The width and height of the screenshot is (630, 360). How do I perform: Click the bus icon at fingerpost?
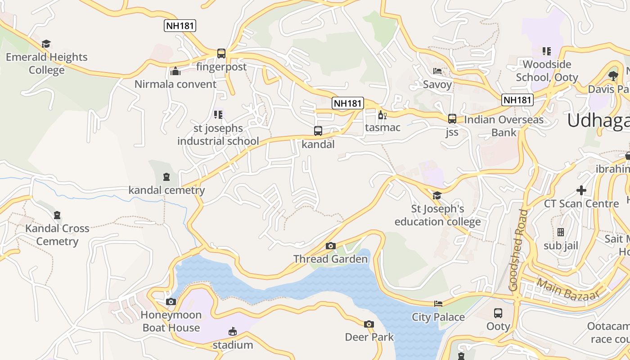click(221, 54)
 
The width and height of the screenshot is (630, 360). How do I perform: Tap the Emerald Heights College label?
click(47, 63)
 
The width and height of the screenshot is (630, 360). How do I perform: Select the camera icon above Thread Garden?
click(331, 246)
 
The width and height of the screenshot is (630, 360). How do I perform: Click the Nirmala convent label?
click(175, 84)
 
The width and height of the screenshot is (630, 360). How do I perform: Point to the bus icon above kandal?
click(318, 131)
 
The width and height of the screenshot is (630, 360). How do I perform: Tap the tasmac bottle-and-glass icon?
click(382, 115)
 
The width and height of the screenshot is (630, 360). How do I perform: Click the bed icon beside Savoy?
click(437, 71)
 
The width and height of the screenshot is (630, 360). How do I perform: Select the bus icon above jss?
click(452, 119)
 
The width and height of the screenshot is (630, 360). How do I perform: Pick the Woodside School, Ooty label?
click(547, 71)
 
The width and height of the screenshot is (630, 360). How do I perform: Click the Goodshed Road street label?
click(518, 250)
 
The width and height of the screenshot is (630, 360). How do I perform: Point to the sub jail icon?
click(561, 232)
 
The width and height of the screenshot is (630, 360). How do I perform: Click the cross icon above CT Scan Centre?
click(581, 190)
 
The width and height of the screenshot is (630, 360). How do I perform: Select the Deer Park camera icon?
click(369, 324)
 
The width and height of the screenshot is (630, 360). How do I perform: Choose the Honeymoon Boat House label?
click(171, 321)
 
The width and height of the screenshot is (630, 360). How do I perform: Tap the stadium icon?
click(233, 332)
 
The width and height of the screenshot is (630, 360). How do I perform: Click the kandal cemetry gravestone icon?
click(166, 177)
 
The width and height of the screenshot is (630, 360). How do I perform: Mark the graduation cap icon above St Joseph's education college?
click(437, 195)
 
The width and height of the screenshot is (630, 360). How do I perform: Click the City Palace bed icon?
click(438, 304)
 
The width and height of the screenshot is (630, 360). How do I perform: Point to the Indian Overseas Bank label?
click(504, 126)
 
